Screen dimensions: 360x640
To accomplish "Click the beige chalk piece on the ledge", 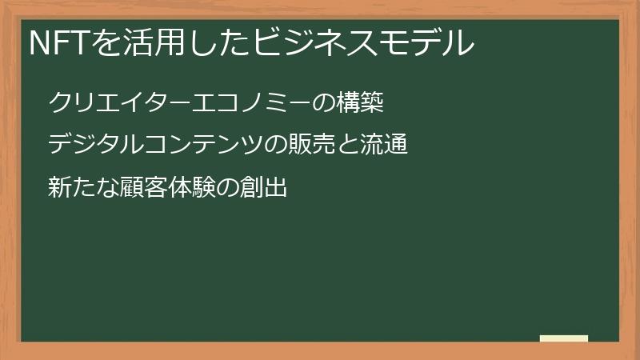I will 563,338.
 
